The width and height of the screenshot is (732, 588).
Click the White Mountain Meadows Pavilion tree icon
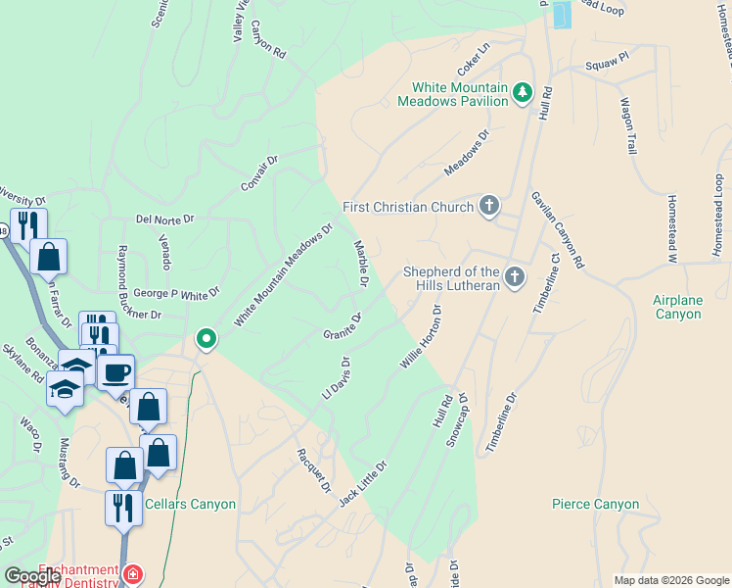(x=523, y=93)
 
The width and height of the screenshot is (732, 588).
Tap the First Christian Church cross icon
(x=489, y=206)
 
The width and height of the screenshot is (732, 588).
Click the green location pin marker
(x=206, y=340)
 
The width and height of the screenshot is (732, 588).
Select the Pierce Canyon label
(x=595, y=505)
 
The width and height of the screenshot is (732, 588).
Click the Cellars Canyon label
(x=190, y=504)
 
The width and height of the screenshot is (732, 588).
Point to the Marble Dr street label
(x=359, y=264)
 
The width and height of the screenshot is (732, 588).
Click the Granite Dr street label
(x=343, y=327)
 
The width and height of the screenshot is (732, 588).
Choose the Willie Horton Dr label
(x=422, y=336)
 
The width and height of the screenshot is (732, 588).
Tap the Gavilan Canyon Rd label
(x=557, y=230)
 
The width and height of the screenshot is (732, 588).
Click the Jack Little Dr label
(x=363, y=484)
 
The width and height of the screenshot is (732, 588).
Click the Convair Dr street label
(x=259, y=172)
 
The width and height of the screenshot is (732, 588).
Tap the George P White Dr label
(x=177, y=292)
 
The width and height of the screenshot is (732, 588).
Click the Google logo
(x=32, y=576)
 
